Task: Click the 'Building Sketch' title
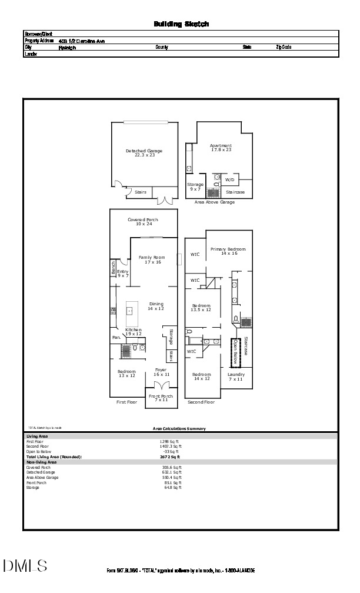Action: click(x=181, y=24)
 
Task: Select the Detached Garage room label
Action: click(x=144, y=153)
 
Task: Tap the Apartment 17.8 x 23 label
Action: click(x=221, y=148)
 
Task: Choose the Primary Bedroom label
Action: click(x=228, y=251)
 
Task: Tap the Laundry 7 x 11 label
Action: click(x=236, y=377)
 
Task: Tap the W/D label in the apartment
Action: click(x=229, y=179)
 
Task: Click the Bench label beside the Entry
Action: click(x=113, y=268)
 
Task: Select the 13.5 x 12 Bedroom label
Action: click(x=202, y=307)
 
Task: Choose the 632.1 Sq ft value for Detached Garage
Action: click(x=172, y=472)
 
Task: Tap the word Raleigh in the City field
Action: click(x=67, y=48)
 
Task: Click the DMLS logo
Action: click(x=25, y=566)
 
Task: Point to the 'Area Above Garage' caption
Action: click(x=214, y=202)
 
